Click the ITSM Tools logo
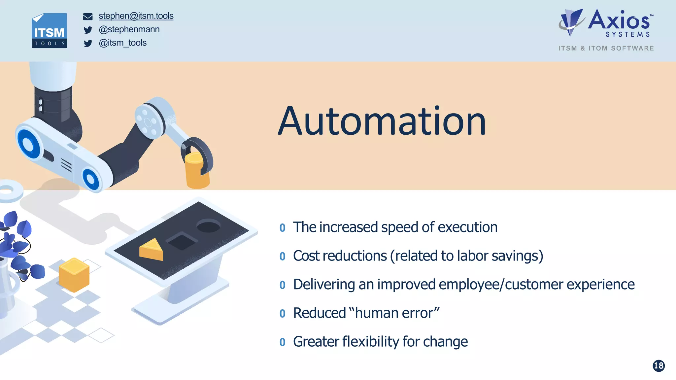[50, 31]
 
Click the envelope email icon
[88, 17]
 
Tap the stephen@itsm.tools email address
[136, 16]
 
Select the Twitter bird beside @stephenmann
[88, 30]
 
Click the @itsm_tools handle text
[123, 43]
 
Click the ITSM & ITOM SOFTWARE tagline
[606, 48]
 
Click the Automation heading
[382, 121]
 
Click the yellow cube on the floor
[74, 275]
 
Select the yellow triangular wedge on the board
[152, 250]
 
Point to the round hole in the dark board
[208, 226]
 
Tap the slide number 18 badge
[659, 366]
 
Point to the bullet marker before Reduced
[282, 313]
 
